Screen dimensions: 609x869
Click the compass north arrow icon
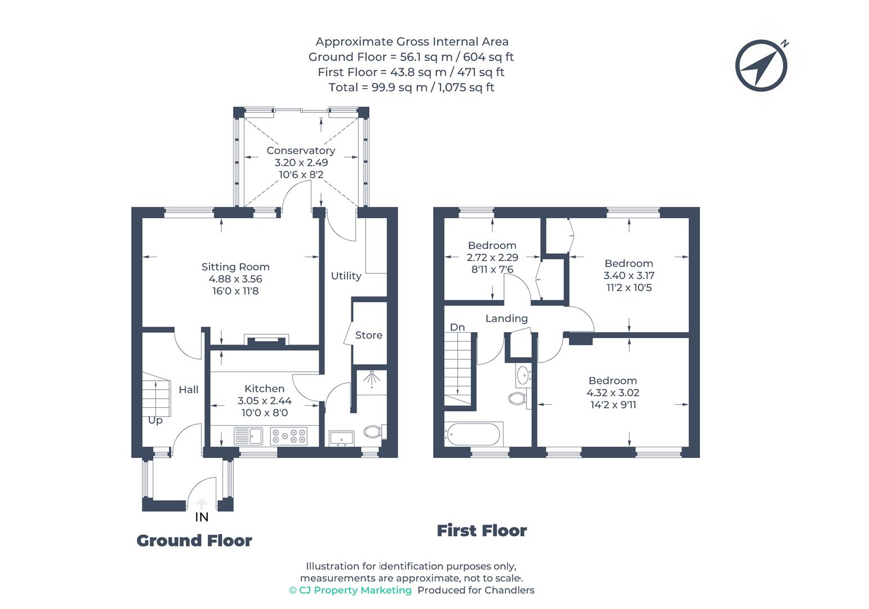761,65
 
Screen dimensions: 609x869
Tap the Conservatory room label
301,151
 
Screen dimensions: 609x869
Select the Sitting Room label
235,267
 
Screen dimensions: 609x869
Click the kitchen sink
248,436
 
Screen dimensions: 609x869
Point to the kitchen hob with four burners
289,436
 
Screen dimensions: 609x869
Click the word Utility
346,276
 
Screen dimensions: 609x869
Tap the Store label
368,335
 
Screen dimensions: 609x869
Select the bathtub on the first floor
473,434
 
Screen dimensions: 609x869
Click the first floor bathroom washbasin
523,374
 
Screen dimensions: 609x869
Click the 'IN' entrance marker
202,517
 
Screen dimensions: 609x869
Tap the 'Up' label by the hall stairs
155,420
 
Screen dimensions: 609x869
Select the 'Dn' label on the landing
457,327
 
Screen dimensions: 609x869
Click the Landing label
506,319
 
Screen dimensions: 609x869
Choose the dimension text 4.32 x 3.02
613,392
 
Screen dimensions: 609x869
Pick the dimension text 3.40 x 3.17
629,275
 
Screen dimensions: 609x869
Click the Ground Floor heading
194,541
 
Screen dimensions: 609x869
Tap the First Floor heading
482,531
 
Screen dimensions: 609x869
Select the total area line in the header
411,87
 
